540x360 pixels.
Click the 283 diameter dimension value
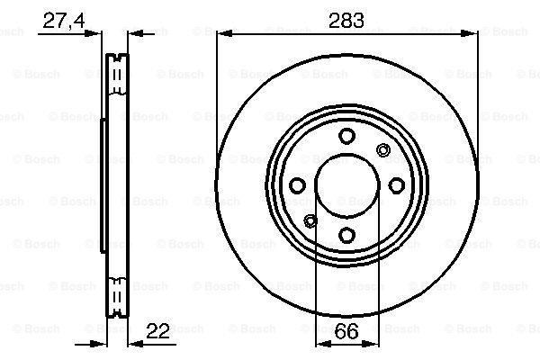point(346,20)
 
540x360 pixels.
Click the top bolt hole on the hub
point(346,136)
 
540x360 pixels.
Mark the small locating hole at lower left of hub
point(311,220)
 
